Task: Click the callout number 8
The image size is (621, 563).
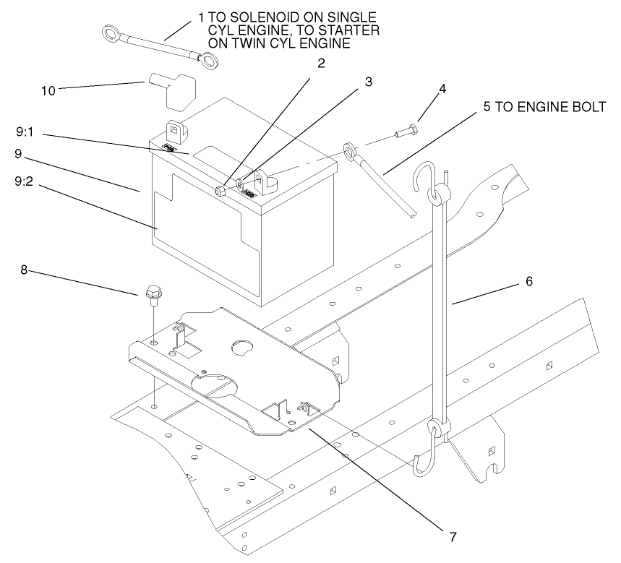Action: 24,272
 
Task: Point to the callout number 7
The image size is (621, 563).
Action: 453,536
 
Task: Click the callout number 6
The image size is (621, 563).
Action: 528,281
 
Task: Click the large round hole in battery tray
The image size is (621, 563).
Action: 239,348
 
